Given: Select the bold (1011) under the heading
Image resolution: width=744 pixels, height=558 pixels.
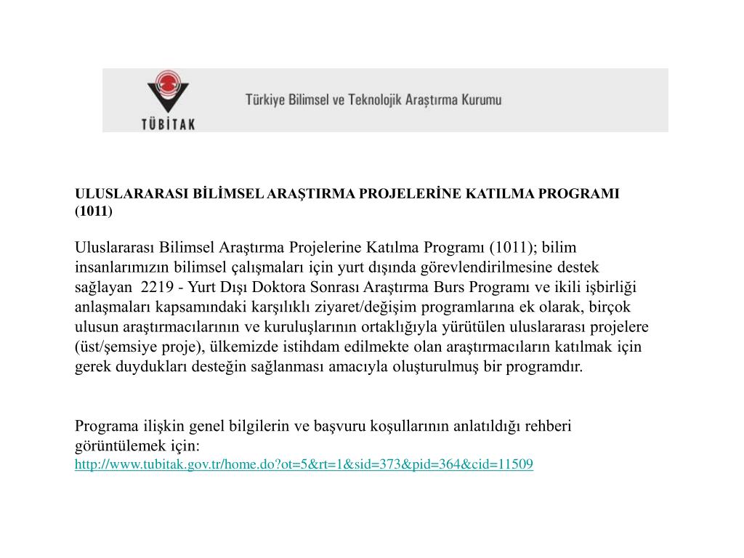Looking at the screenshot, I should point(94,211).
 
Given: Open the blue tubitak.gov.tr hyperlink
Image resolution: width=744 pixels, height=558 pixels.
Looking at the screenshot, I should point(304,464).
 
